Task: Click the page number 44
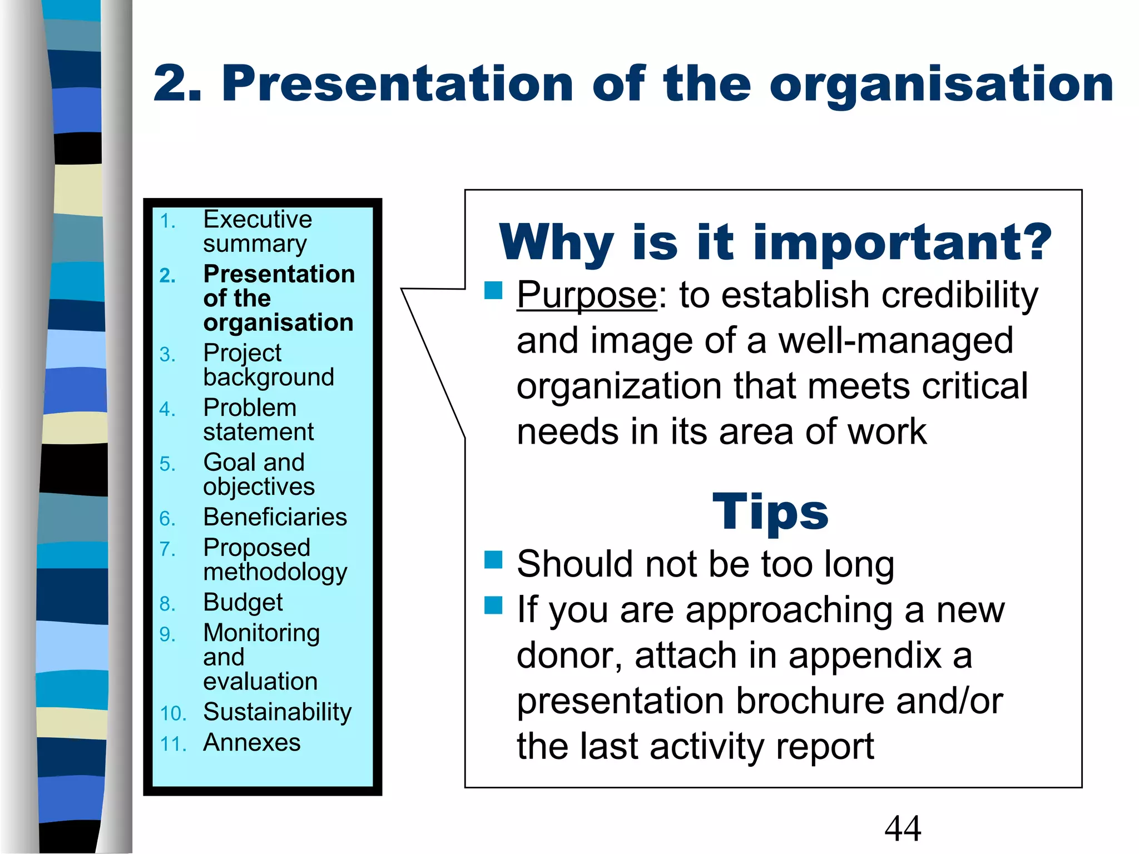click(902, 828)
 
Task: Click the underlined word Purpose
click(587, 295)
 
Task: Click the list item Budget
click(243, 603)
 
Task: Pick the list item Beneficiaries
click(275, 517)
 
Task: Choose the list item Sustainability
click(277, 712)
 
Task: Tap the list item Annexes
click(251, 743)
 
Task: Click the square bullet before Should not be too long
click(493, 560)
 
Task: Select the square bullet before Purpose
click(493, 290)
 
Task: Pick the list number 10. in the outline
click(172, 714)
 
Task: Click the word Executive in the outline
click(257, 219)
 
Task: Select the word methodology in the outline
click(275, 573)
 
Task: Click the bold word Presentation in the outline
click(279, 274)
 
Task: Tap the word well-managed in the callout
click(895, 340)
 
